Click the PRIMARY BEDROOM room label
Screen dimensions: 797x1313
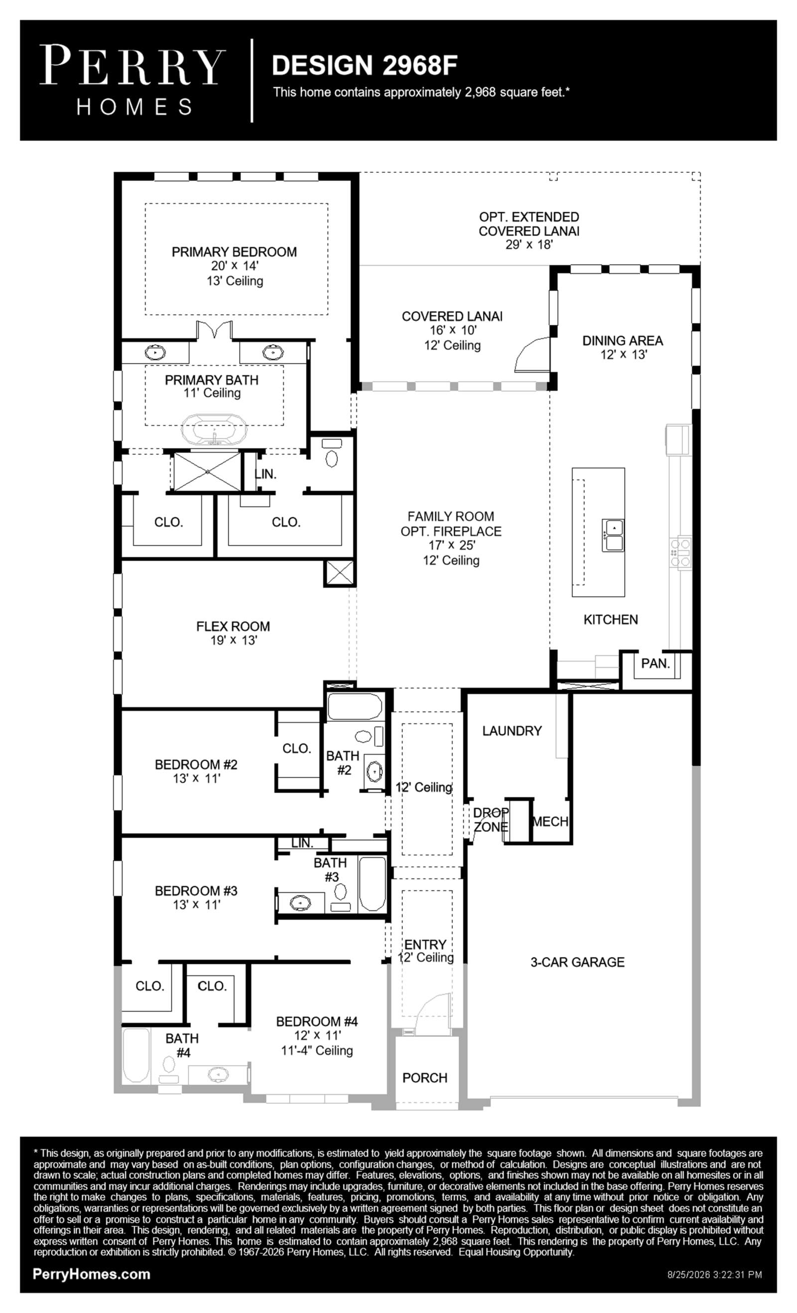(x=234, y=252)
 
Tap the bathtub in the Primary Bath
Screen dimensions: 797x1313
(x=214, y=430)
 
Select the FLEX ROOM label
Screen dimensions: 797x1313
(x=233, y=626)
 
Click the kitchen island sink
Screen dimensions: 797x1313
(x=613, y=535)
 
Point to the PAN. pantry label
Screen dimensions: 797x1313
(x=656, y=663)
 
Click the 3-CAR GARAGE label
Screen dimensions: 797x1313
(x=577, y=962)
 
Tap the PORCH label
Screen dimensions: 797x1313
(x=424, y=1077)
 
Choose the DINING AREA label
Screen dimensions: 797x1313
(x=622, y=340)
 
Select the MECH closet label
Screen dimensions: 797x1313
(x=550, y=822)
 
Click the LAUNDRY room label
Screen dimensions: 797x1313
(x=512, y=730)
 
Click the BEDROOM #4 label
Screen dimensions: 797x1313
(x=316, y=1021)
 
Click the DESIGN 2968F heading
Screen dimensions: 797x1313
(x=365, y=65)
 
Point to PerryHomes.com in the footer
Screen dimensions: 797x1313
(x=92, y=1274)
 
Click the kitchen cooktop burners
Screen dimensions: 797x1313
(x=680, y=553)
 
